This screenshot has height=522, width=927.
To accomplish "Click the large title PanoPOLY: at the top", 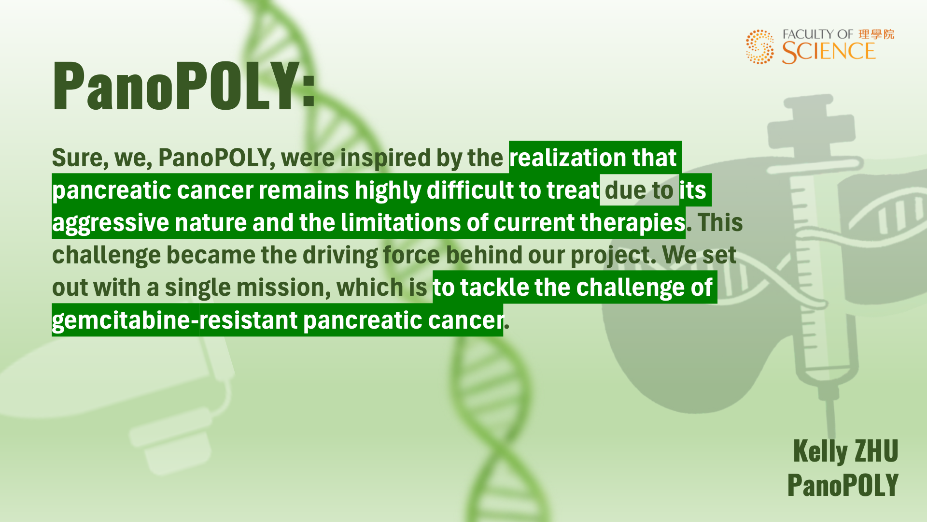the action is [x=184, y=86].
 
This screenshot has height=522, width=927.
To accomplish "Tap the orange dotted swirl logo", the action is [x=760, y=46].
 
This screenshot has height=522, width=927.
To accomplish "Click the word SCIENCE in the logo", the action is [x=829, y=52].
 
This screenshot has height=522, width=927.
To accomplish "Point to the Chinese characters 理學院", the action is [x=876, y=34].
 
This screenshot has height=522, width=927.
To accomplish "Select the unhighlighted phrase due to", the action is [x=639, y=190].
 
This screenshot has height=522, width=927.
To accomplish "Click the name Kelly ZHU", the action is [x=845, y=451].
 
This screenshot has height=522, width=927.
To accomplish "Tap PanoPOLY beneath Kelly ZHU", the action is [x=843, y=485].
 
